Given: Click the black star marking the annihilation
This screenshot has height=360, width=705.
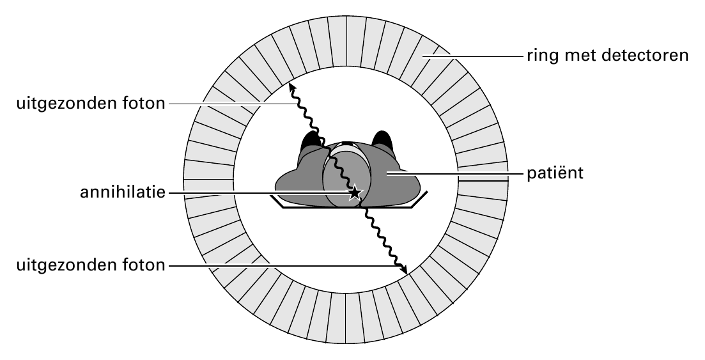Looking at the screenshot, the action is pos(355,192).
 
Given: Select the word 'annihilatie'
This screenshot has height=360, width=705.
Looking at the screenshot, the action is pos(123,192).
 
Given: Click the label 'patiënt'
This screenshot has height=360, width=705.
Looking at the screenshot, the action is pos(555,173).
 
